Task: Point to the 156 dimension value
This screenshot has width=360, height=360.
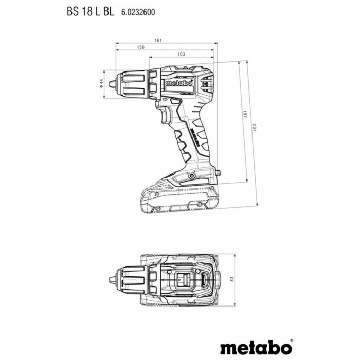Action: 140,47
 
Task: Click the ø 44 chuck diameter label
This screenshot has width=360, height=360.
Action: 101,83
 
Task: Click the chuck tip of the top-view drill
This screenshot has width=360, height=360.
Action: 112,280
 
